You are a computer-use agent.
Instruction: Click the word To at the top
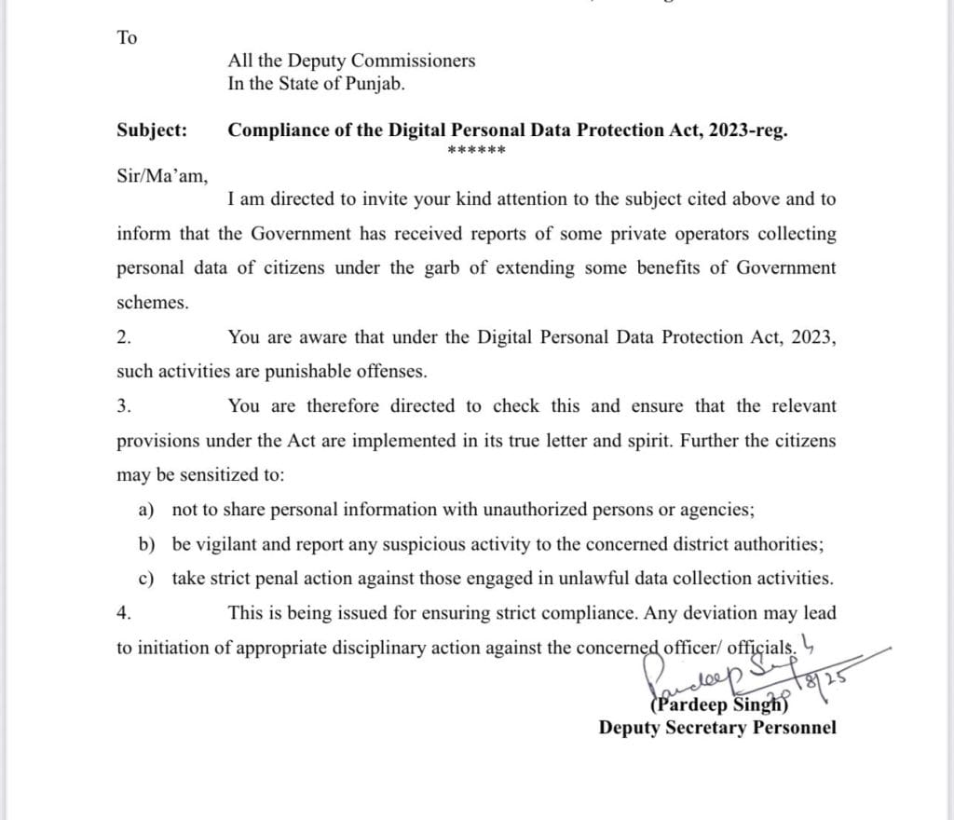pyautogui.click(x=127, y=38)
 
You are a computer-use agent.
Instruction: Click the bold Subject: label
pyautogui.click(x=151, y=130)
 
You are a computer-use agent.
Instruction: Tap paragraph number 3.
pyautogui.click(x=123, y=406)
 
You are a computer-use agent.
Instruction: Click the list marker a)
pyautogui.click(x=145, y=511)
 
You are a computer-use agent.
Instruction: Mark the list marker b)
pyautogui.click(x=146, y=545)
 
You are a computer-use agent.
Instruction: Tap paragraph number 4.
pyautogui.click(x=123, y=613)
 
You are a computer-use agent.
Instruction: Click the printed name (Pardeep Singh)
pyautogui.click(x=719, y=705)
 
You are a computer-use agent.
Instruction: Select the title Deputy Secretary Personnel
pyautogui.click(x=717, y=728)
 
